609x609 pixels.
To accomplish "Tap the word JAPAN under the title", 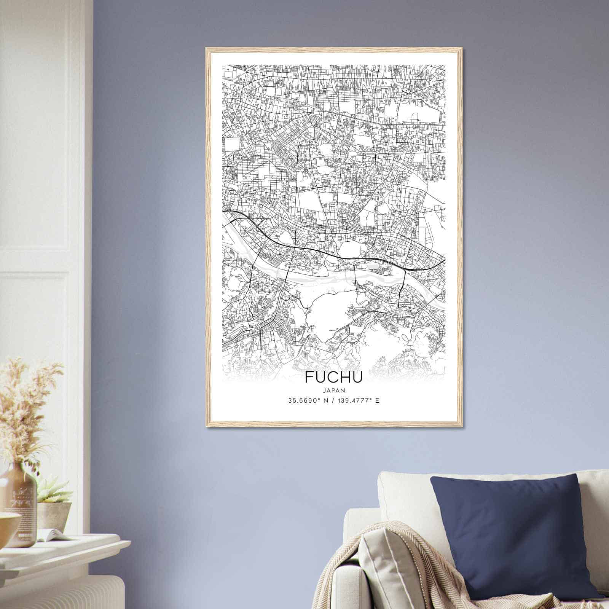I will [x=334, y=390].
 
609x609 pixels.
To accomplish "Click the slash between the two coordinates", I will [x=334, y=401].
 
